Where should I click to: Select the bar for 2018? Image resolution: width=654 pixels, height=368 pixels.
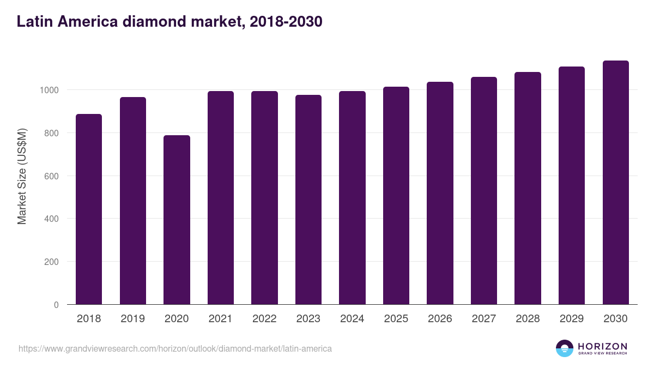point(89,209)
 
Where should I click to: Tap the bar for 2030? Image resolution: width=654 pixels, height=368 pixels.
point(615,183)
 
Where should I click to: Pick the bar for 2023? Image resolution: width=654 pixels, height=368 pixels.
point(308,200)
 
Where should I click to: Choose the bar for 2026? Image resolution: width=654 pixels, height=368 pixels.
point(440,193)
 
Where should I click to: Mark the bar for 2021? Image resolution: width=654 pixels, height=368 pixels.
point(221,198)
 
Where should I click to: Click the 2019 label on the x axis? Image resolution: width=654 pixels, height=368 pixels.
point(132,319)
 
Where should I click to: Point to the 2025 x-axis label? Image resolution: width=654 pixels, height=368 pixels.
point(396,319)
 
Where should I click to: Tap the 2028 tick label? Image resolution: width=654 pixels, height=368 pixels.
point(528,319)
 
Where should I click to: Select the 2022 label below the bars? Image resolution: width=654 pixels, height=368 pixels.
point(264,319)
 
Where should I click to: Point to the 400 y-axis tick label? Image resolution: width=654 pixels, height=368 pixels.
point(51,219)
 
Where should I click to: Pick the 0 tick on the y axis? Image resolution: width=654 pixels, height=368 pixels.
point(56,305)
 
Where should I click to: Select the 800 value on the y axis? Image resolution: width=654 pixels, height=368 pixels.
point(51,133)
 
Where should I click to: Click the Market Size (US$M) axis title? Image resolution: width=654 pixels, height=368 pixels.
point(22,176)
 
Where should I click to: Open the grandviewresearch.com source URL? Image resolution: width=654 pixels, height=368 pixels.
point(175,348)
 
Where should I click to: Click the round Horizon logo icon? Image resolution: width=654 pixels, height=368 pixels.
point(564,348)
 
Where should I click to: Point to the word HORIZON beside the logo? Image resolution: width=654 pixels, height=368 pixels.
point(602,346)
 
